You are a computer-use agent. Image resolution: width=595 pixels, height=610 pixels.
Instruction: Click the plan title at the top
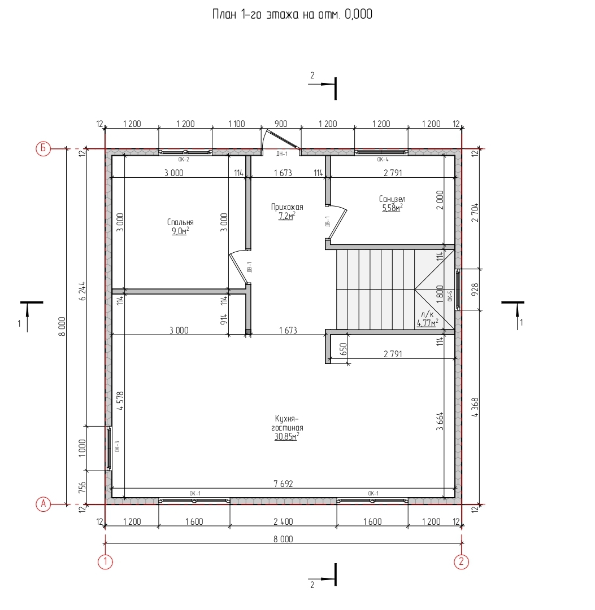(x=292, y=15)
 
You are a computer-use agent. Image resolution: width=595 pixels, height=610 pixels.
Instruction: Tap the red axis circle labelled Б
(x=44, y=148)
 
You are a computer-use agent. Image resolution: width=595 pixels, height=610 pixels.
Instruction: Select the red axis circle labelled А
(x=44, y=504)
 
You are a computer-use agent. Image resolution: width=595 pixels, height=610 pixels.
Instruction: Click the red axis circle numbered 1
(x=105, y=561)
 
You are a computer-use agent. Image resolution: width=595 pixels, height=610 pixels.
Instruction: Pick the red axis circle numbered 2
(x=461, y=561)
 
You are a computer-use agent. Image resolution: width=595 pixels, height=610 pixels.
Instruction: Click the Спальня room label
(x=180, y=222)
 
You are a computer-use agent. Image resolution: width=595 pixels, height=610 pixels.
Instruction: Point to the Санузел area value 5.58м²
(x=392, y=208)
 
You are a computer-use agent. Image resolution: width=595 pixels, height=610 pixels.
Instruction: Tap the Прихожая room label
(x=287, y=207)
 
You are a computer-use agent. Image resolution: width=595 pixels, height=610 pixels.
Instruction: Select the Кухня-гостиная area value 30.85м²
(x=287, y=437)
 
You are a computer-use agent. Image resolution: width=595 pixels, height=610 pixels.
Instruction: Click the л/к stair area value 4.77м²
(x=427, y=323)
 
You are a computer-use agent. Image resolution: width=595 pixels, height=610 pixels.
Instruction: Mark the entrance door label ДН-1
(x=282, y=154)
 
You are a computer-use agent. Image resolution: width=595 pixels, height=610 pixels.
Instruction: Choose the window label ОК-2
(x=184, y=160)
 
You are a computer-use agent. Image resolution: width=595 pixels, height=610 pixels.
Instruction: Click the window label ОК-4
(x=383, y=160)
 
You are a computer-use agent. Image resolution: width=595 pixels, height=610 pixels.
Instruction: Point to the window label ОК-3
(x=118, y=446)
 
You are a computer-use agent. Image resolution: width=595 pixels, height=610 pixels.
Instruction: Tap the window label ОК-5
(x=450, y=296)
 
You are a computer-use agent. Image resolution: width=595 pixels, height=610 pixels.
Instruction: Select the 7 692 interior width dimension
(x=283, y=484)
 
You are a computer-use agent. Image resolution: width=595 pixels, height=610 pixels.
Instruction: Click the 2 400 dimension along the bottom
(x=283, y=522)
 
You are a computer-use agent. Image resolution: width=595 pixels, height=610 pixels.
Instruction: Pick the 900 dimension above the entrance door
(x=281, y=124)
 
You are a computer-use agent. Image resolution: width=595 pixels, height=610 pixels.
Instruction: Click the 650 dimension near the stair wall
(x=344, y=349)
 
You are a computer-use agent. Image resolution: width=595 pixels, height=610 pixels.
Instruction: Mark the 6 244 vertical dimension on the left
(x=82, y=291)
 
